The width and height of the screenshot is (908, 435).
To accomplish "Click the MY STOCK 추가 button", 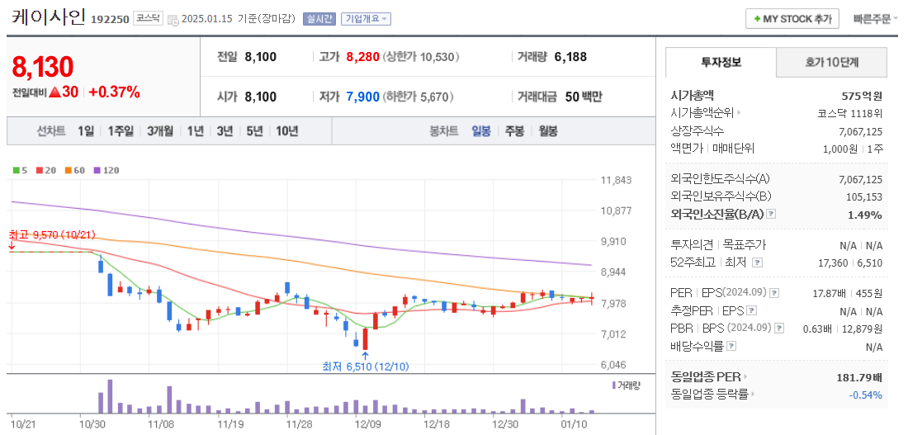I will [x=792, y=18].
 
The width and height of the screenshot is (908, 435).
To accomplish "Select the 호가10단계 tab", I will [x=832, y=62].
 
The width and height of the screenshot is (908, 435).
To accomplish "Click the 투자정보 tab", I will [x=721, y=62].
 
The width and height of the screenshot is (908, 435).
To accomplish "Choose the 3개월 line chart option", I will [x=160, y=130].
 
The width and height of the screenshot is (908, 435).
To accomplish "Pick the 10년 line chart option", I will [x=287, y=130].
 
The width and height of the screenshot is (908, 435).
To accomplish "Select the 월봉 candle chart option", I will [x=547, y=130].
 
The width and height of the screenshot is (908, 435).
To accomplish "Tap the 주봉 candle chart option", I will [x=514, y=130].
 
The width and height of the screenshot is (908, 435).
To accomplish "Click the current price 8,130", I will [x=43, y=67].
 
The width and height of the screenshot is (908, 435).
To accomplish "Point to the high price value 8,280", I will [x=362, y=57].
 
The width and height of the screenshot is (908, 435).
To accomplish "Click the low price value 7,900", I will [x=362, y=97].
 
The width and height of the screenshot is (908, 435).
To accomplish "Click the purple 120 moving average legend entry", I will [x=106, y=170].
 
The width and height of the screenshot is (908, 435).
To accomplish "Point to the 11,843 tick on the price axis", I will [x=617, y=180].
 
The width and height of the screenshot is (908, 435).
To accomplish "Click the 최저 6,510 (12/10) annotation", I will [x=365, y=366].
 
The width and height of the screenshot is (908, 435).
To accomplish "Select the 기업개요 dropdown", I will [x=367, y=18].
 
